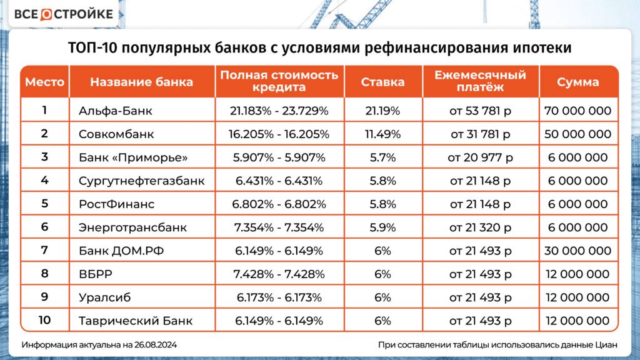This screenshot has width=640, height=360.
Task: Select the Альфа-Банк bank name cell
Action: (x=116, y=111)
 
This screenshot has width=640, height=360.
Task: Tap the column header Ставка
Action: (x=382, y=82)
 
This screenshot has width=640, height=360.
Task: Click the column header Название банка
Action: (x=141, y=82)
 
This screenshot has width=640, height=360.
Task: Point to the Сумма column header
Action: (x=577, y=82)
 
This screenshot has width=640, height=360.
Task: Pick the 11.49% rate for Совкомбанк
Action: (x=382, y=134)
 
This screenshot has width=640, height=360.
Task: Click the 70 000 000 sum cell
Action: (x=578, y=111)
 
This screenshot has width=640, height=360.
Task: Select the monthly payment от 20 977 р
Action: (x=480, y=157)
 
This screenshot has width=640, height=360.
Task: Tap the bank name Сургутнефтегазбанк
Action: (x=142, y=181)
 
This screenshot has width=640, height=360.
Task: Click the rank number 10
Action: (x=44, y=321)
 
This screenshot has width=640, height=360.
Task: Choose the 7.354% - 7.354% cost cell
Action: (x=279, y=227)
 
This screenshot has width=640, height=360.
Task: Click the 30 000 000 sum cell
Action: (x=578, y=251)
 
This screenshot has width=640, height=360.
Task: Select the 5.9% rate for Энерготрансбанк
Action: (x=382, y=227)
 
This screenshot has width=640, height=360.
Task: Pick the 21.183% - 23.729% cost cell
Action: (x=279, y=111)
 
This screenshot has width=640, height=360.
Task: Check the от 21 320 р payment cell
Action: (x=480, y=227)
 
